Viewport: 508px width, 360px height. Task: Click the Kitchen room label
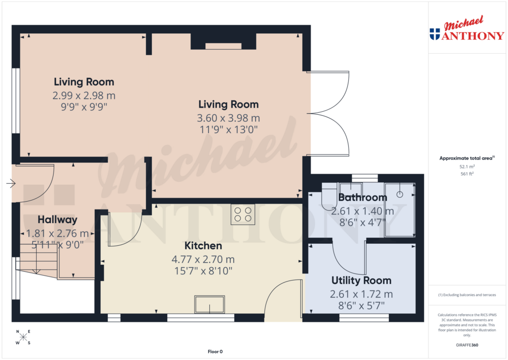pos(203,246)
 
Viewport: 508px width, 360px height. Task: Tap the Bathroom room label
pos(362,198)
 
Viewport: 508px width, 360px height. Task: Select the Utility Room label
pos(361,281)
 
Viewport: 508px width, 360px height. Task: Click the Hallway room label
pos(58,219)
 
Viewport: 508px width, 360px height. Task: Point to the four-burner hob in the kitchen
pos(243,215)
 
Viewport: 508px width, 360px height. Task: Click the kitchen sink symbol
pos(209,304)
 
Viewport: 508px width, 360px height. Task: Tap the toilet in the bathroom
pos(329,197)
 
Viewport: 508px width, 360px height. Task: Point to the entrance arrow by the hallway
pos(10,184)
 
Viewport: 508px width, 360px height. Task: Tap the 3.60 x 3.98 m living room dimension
pos(228,118)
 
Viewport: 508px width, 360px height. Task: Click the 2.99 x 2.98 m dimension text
pos(84,95)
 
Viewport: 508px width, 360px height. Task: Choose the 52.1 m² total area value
pos(466,167)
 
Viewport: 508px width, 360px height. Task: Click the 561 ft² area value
pos(466,174)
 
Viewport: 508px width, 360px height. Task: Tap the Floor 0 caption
pos(215,352)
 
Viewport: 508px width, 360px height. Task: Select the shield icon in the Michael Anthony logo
pos(435,34)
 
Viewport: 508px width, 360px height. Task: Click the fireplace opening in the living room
pos(223,46)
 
